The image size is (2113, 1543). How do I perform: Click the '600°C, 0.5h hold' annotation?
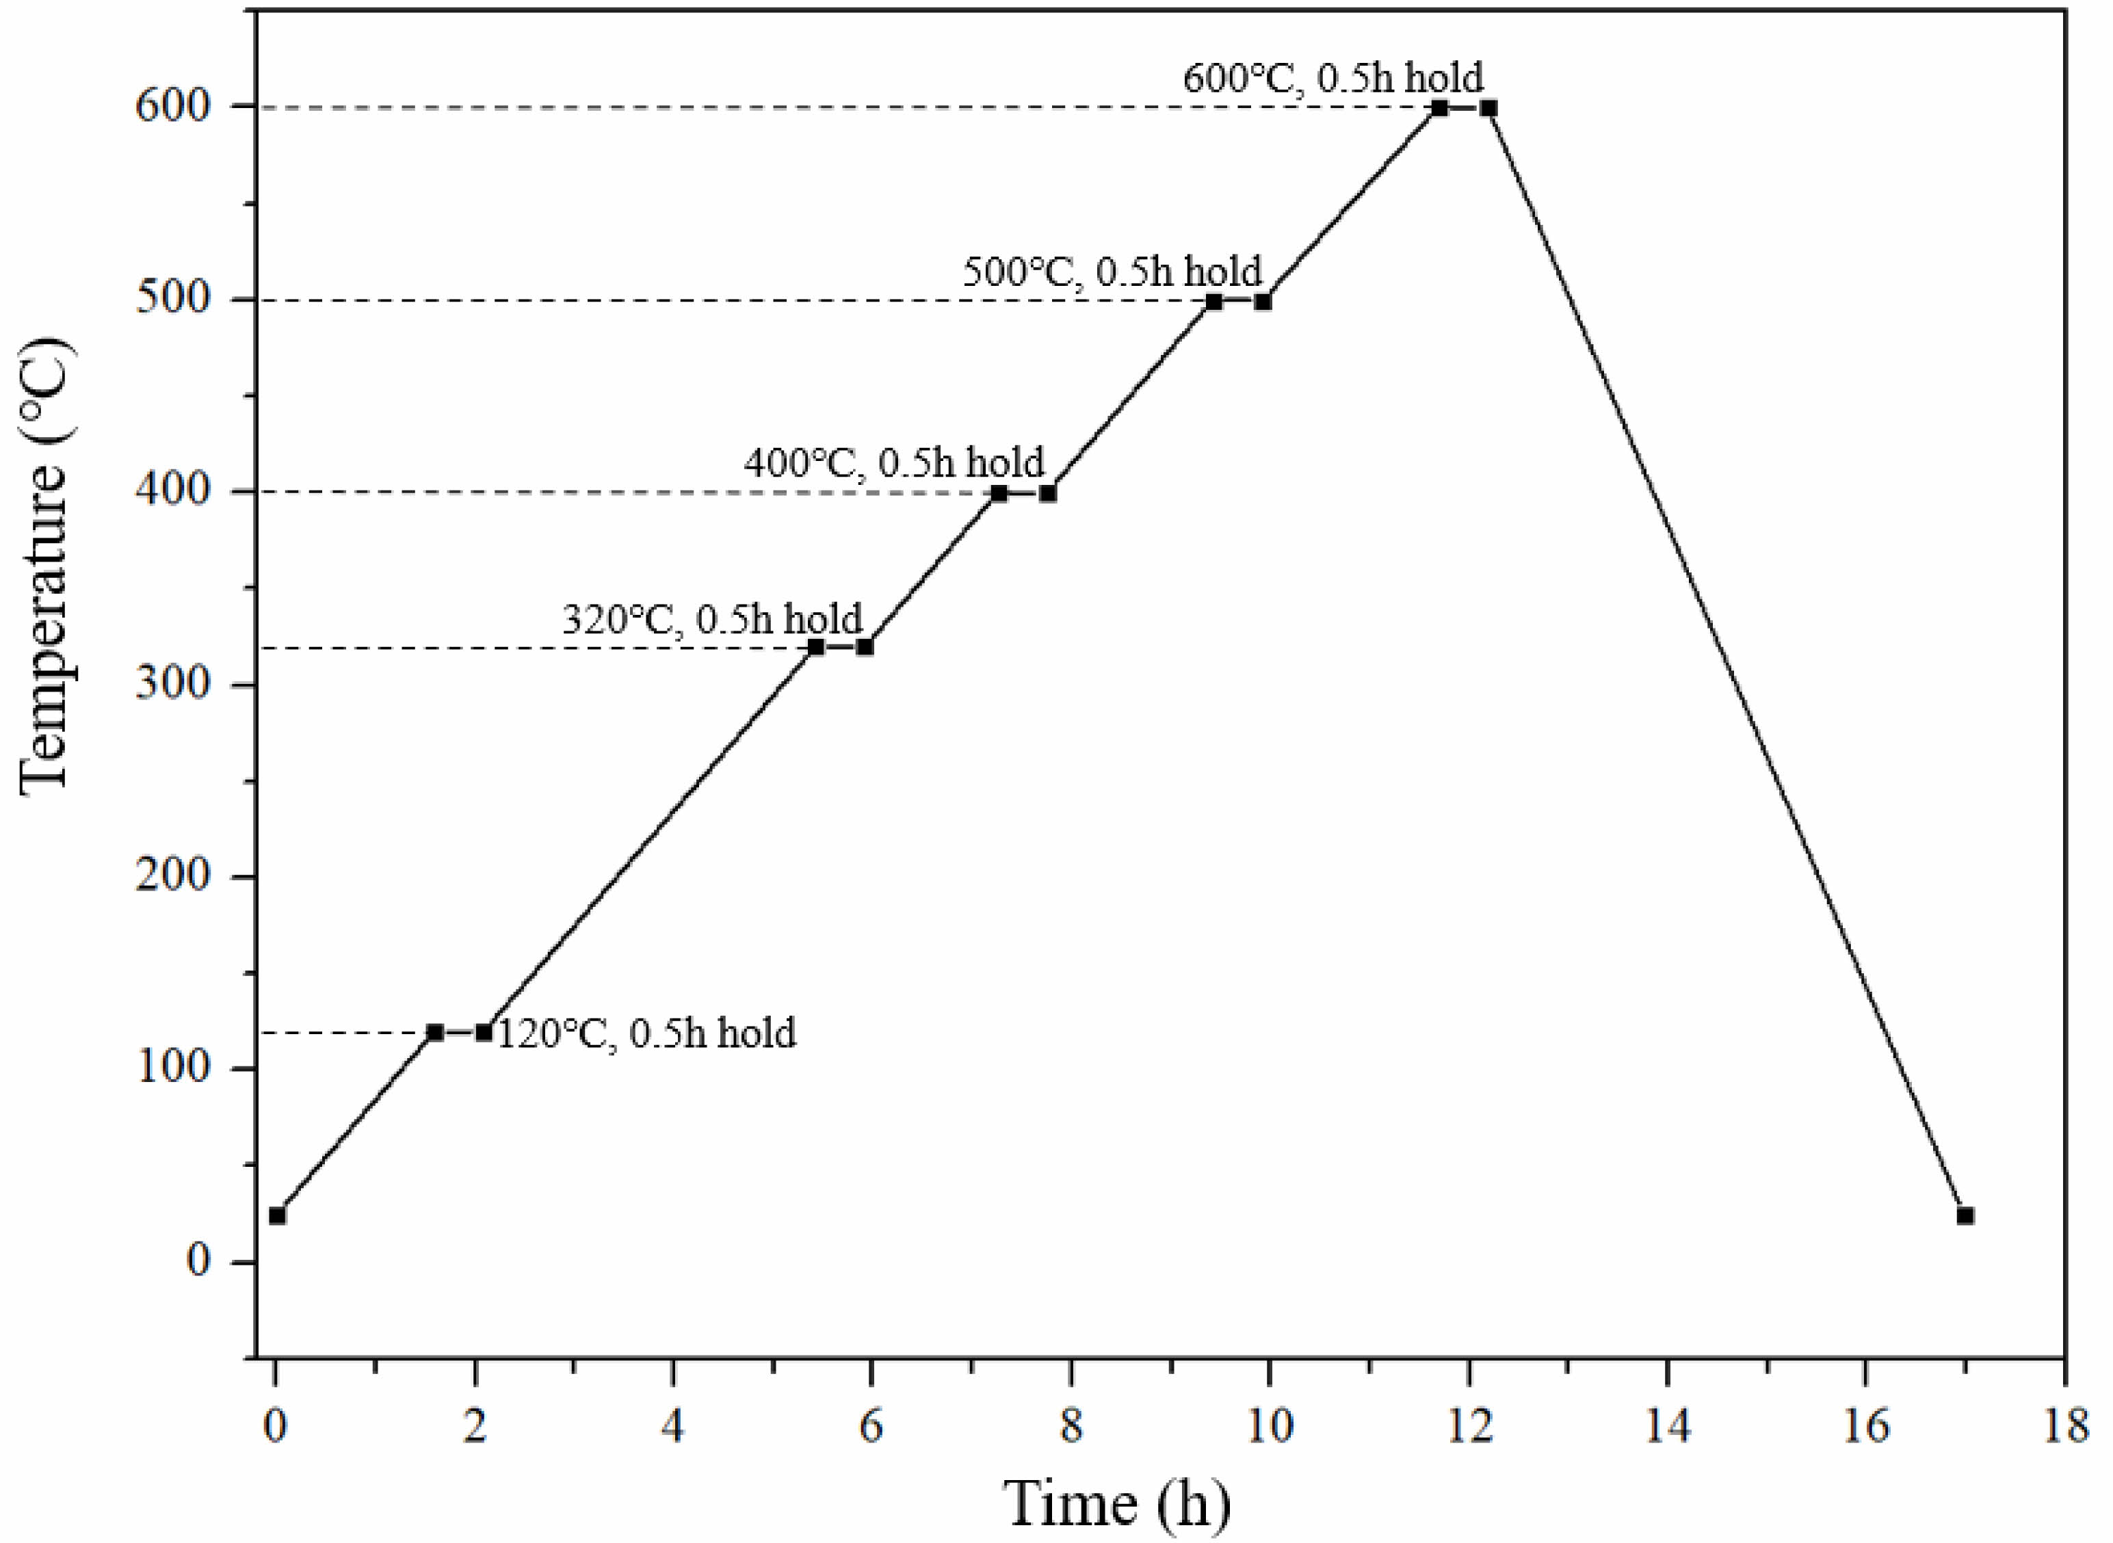[1333, 77]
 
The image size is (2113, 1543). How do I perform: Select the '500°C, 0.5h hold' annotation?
[1112, 272]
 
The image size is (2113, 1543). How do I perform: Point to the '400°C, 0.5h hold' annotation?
[894, 462]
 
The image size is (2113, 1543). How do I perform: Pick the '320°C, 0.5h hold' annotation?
[712, 619]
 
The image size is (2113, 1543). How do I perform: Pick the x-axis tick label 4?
[672, 1426]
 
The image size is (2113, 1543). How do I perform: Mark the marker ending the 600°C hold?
[1488, 108]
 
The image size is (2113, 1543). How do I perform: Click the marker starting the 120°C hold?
[434, 1032]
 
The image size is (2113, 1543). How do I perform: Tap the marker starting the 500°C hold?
[1213, 302]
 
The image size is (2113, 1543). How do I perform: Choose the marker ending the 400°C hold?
[1047, 493]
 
